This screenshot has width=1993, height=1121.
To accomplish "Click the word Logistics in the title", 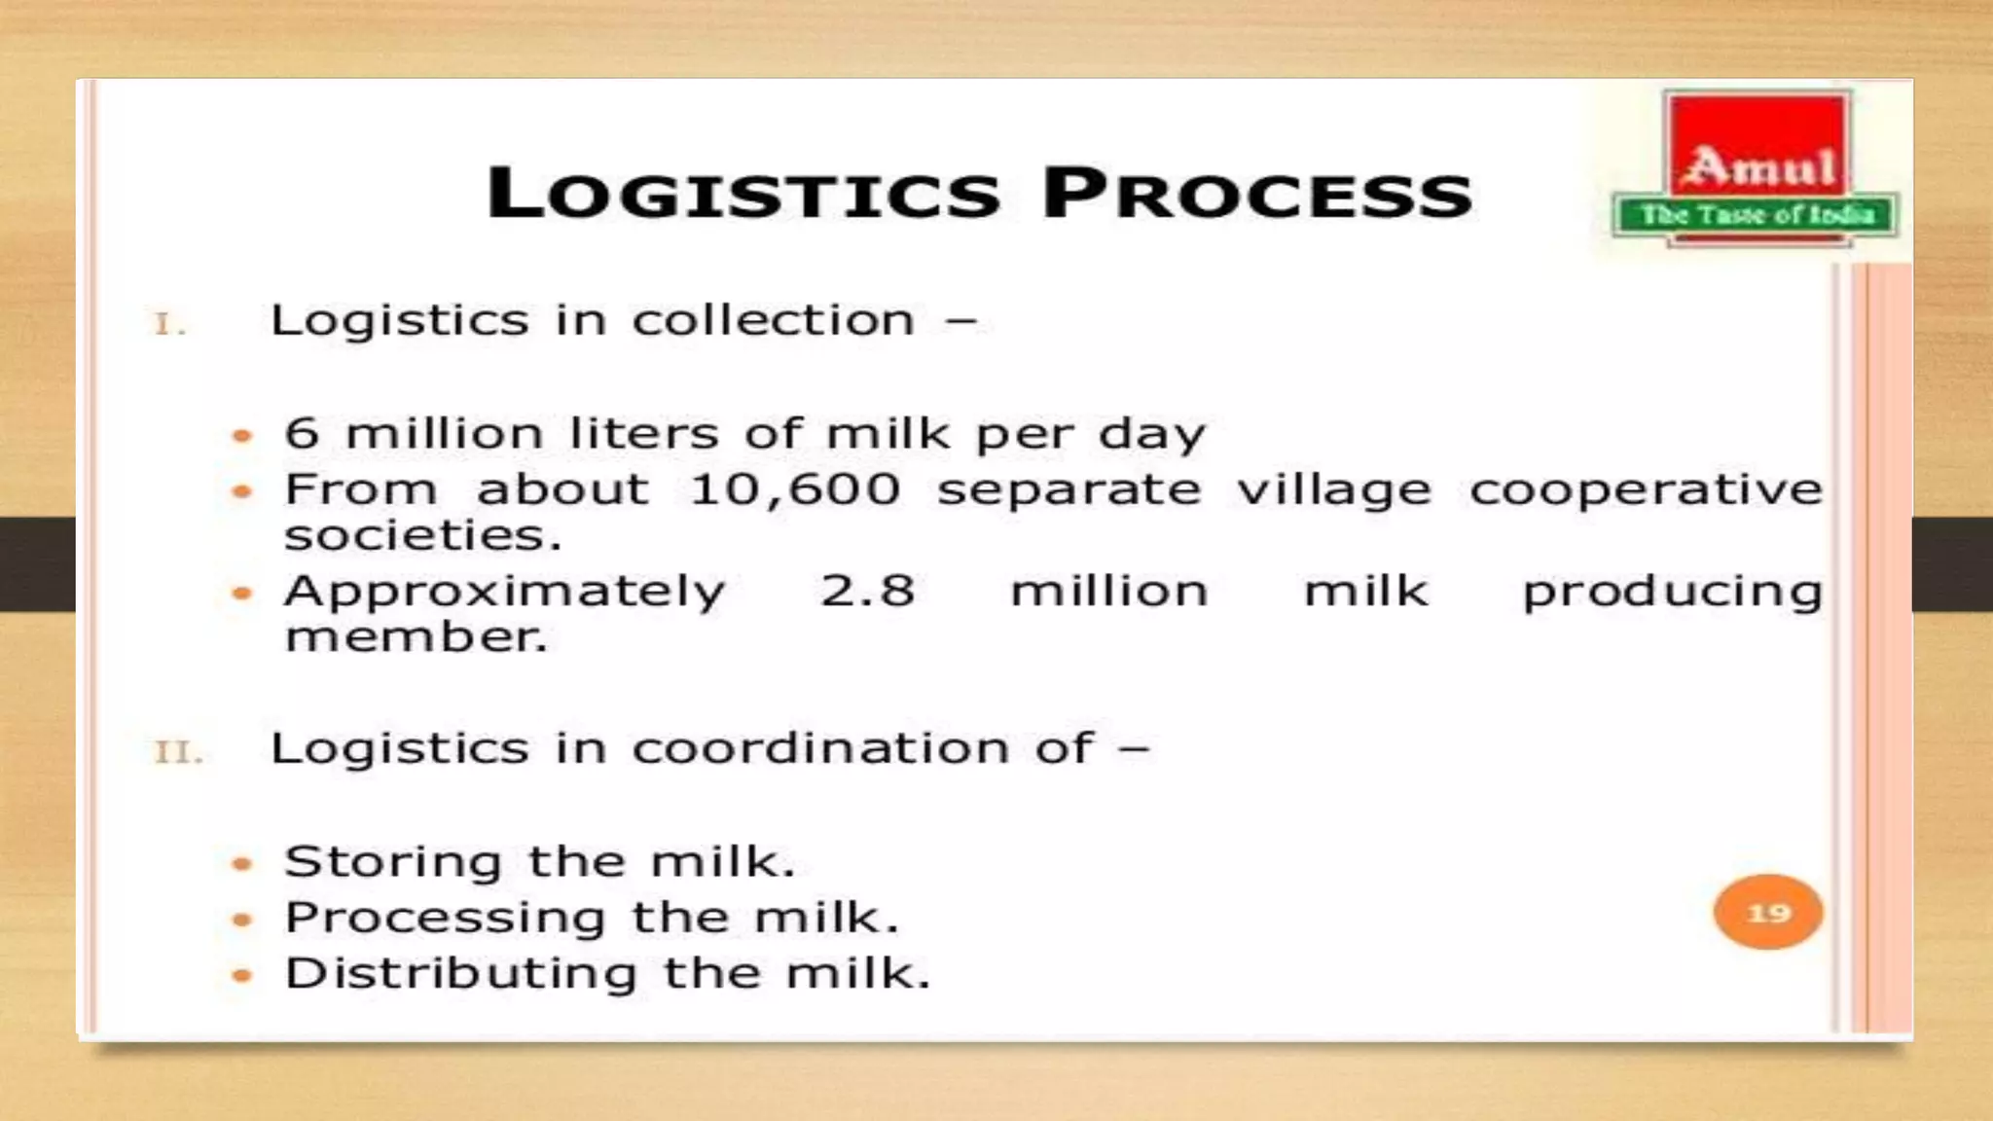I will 743,193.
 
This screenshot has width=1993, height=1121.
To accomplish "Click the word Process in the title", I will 1256,193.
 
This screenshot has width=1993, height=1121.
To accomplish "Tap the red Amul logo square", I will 1757,146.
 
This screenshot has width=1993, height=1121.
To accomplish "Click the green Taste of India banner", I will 1757,216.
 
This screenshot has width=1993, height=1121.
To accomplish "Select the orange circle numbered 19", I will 1767,913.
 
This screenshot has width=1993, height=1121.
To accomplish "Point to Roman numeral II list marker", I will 178,752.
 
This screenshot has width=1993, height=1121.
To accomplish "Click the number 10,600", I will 794,489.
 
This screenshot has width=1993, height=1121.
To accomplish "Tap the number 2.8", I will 867,591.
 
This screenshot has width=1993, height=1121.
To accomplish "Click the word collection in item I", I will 774,320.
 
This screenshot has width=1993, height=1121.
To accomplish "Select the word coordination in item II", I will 820,748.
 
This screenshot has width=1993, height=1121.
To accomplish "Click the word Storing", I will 393,862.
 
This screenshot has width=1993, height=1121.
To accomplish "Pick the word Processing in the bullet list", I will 445,918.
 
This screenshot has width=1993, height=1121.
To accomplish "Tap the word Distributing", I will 460,973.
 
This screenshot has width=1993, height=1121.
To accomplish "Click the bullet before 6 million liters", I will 242,436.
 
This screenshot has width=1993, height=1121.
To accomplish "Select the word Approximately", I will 504,592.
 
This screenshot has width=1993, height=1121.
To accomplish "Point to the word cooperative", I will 1646,489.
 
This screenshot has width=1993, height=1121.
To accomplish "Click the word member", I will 416,637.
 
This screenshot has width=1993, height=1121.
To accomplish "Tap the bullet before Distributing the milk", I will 242,975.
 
